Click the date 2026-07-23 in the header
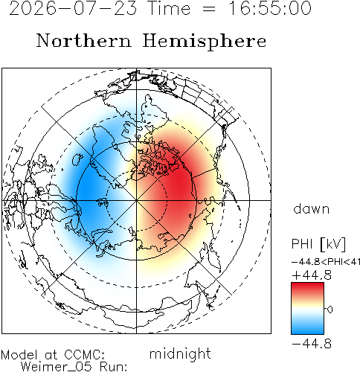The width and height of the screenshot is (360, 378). pos(73,8)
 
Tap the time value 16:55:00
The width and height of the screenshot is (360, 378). pos(269,8)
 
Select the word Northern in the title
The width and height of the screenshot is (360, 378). pos(84,40)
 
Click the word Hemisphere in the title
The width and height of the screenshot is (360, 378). pos(205,42)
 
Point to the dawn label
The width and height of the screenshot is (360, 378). pos(312,208)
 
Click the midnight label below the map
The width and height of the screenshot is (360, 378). pos(180,353)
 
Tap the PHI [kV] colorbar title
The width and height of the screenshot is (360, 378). pos(318,244)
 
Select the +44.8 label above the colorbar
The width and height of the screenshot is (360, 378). pos(312,275)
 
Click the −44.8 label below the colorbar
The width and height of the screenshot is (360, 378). pos(312,344)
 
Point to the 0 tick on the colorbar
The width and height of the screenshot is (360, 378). pos(330,310)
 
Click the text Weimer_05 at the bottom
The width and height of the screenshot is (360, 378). pos(57,367)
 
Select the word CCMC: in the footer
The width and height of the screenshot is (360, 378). pos(84,354)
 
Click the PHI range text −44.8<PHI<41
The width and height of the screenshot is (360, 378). pos(326,262)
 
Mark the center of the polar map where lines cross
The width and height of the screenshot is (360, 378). pos(136,200)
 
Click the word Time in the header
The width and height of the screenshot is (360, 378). pos(169,8)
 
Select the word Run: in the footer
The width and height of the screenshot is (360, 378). pos(114,367)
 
